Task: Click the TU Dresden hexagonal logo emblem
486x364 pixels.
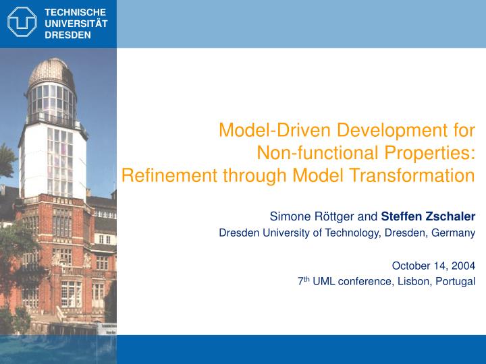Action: (22, 22)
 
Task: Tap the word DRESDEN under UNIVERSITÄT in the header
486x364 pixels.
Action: (67, 35)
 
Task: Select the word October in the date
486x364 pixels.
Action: (412, 266)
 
